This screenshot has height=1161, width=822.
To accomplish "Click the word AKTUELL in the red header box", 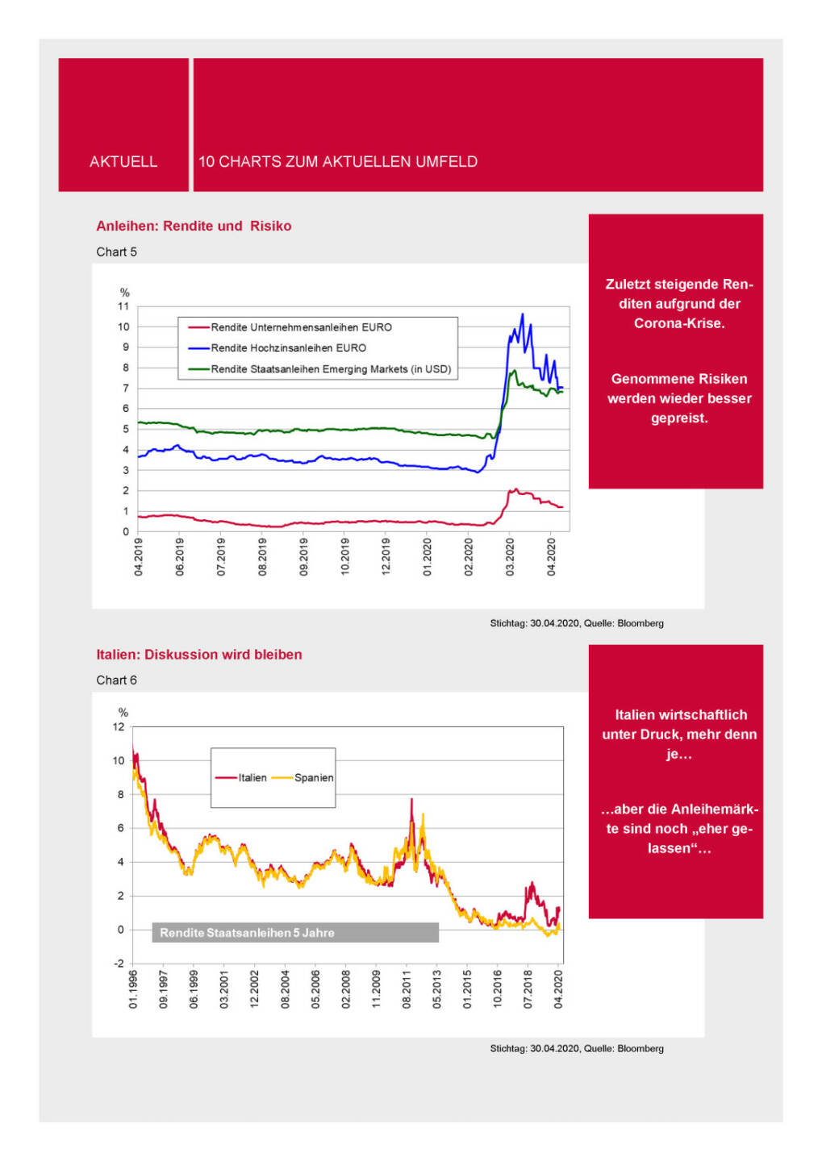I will (123, 162).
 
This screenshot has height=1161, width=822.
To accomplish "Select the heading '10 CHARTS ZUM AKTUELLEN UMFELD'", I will (338, 162).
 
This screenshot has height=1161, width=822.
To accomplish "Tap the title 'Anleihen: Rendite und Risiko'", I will (194, 227).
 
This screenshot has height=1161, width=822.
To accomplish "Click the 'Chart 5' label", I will (117, 252).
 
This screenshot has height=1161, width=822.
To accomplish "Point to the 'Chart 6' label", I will (117, 680).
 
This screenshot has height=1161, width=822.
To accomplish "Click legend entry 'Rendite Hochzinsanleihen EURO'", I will (288, 348).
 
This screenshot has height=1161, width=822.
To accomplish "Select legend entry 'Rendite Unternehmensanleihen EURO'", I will (301, 327).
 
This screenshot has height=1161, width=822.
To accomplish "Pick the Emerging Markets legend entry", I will (331, 369).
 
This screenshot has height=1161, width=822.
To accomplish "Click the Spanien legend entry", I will (313, 778).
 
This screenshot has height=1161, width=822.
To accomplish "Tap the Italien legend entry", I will (252, 778).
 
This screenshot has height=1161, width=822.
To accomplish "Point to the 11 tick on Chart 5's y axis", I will (123, 306).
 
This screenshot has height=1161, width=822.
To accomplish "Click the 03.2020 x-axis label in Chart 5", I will (510, 557).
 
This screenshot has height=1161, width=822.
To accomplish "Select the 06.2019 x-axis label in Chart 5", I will (180, 557).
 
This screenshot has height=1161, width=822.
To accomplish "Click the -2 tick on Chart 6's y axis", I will (119, 963).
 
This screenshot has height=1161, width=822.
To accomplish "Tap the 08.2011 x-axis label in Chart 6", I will (407, 989).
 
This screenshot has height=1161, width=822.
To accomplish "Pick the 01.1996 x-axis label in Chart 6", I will (134, 989).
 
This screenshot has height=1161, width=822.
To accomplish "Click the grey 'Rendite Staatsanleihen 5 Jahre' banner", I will (295, 933).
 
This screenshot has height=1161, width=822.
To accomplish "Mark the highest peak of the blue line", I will (523, 314).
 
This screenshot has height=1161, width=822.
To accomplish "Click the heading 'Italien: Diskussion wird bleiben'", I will (199, 655).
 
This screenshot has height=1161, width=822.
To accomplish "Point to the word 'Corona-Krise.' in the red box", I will (679, 323).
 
